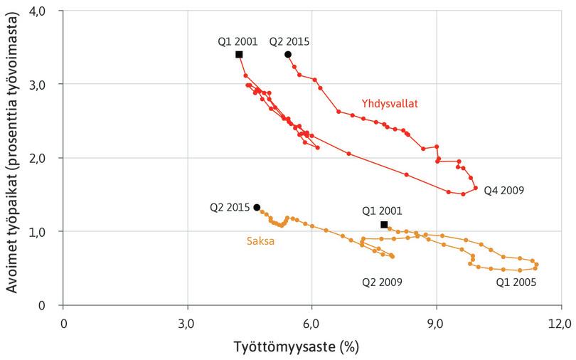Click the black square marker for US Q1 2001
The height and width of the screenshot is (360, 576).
pyautogui.click(x=239, y=55)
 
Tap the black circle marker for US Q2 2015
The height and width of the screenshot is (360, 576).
pyautogui.click(x=288, y=55)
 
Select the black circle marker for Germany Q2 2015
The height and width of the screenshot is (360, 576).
pyautogui.click(x=257, y=207)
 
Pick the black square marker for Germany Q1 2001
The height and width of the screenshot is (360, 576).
pyautogui.click(x=384, y=225)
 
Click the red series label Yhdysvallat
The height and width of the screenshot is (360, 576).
pyautogui.click(x=389, y=103)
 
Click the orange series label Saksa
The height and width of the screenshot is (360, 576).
pyautogui.click(x=260, y=240)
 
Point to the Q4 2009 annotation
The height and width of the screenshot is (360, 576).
pyautogui.click(x=505, y=191)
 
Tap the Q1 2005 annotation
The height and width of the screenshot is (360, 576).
pyautogui.click(x=516, y=282)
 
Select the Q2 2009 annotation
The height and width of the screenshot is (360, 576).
pyautogui.click(x=382, y=282)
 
